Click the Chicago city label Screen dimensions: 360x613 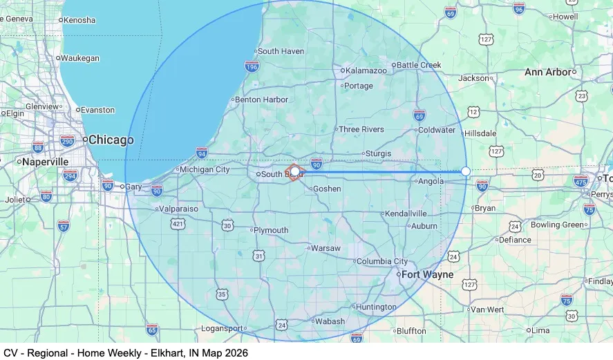pos(111,140)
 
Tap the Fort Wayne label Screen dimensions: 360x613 pos(428,274)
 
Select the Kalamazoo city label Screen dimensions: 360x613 pos(366,70)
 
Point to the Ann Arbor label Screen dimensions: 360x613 pos(548,72)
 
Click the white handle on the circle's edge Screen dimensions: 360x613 pos(466,171)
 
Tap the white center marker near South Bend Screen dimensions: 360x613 pos(295,171)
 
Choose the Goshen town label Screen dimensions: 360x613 pos(327,189)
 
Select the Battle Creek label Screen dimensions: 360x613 pos(419,65)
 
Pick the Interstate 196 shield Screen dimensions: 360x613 pos(252,66)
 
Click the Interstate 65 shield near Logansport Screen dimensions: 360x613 pos(152,329)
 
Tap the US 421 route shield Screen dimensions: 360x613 pos(178,224)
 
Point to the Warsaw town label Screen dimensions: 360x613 pos(326,248)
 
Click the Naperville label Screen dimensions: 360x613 pos(45,161)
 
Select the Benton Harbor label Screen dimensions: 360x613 pos(261,100)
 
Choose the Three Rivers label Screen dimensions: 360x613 pos(361,129)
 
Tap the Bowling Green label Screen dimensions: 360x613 pos(557,225)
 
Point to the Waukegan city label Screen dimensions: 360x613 pos(79,58)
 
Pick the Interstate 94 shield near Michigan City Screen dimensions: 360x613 pos(201,152)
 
